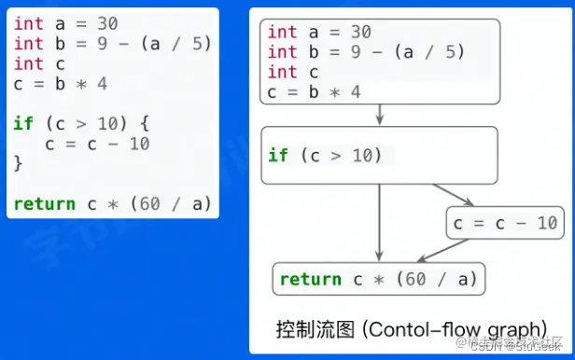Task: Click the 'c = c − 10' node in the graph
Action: click(x=505, y=223)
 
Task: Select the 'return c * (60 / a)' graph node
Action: click(x=379, y=278)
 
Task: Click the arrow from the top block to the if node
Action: click(x=380, y=115)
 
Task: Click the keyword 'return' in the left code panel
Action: click(x=43, y=203)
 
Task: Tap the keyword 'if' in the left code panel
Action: click(x=22, y=122)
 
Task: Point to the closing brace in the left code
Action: click(x=17, y=163)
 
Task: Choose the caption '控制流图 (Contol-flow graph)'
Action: click(x=411, y=329)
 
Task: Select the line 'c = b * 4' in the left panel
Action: click(x=60, y=84)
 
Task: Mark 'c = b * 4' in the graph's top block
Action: click(x=314, y=91)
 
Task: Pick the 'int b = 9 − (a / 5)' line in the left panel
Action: click(x=112, y=44)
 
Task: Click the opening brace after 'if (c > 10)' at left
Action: click(x=145, y=122)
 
